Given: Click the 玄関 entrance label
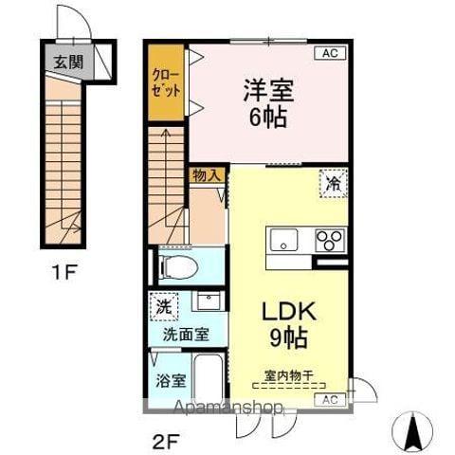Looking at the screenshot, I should pos(67,64).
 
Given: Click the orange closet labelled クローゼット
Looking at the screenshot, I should pos(166,82).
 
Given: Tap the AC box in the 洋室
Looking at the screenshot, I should pos(330,54).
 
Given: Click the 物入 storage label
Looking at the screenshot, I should pos(207,175).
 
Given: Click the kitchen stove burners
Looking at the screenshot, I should pos(329,240).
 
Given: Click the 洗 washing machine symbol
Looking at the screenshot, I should pos(164,307).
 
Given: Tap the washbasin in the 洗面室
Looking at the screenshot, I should pos(209,302).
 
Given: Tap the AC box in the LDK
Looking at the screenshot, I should pos(329,401).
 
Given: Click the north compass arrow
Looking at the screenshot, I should pos(414,434).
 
